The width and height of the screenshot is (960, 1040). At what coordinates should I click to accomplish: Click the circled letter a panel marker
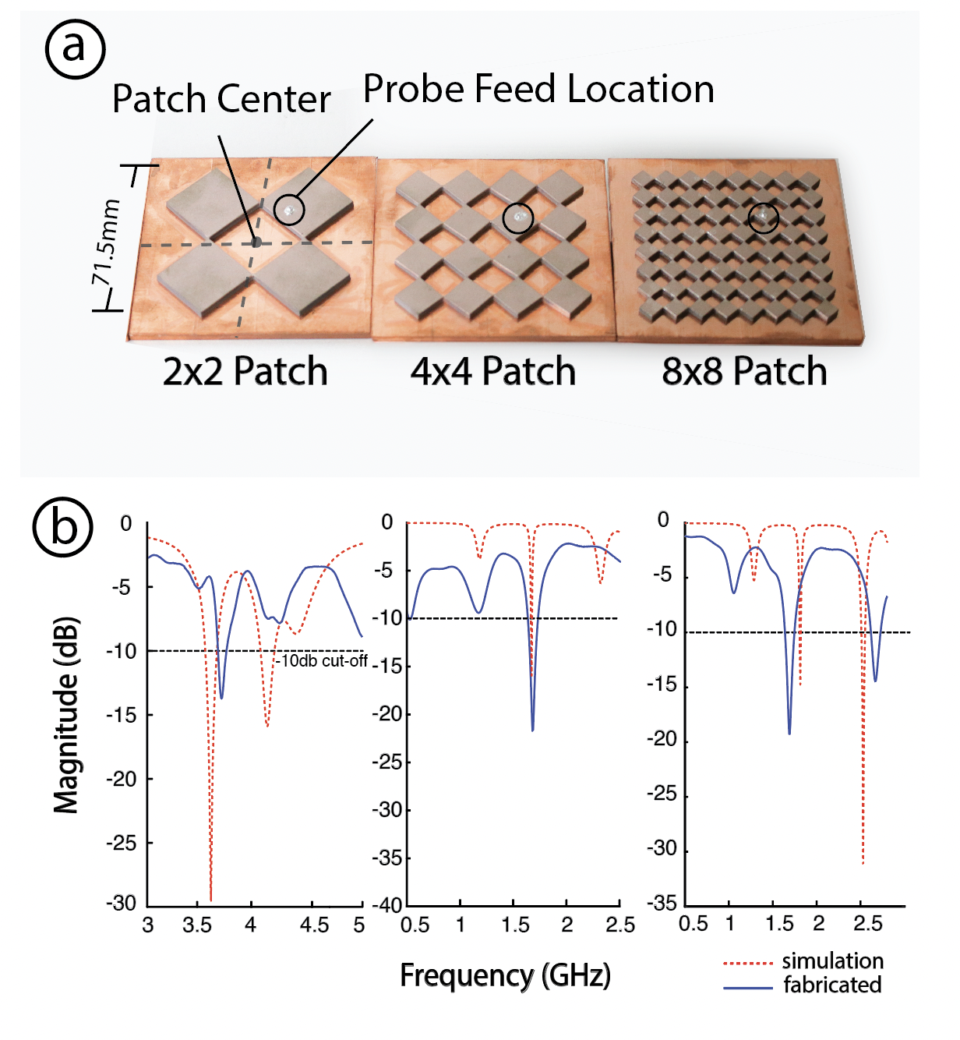point(75,48)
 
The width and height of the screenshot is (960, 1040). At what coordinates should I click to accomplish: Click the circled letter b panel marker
point(63,526)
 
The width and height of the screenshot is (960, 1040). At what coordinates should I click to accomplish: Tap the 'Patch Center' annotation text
point(221,100)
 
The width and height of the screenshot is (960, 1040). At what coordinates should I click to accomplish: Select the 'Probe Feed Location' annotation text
point(538,89)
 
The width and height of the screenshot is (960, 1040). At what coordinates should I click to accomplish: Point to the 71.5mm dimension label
point(106,242)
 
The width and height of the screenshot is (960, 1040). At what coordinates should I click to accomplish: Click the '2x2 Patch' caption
point(245,371)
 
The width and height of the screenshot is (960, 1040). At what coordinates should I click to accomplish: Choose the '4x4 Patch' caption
point(493,371)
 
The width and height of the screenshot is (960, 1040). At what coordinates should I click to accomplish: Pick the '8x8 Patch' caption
point(744,371)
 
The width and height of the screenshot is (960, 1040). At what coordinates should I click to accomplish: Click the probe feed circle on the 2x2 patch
point(289,209)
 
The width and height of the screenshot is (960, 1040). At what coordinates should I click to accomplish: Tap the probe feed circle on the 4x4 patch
point(517,218)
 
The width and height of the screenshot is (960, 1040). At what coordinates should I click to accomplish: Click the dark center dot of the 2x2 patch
point(256,242)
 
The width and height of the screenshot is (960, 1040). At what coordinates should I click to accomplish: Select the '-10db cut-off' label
point(322,661)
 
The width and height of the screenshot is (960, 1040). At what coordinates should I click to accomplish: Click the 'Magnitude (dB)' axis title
point(66,715)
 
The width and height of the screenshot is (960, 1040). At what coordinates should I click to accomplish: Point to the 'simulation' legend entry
point(832,961)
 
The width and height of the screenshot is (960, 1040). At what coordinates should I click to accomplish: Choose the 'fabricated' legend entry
point(832,985)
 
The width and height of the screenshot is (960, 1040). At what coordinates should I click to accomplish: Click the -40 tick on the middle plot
point(390,906)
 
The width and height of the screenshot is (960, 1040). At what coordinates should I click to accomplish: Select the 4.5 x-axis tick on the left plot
point(314,925)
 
